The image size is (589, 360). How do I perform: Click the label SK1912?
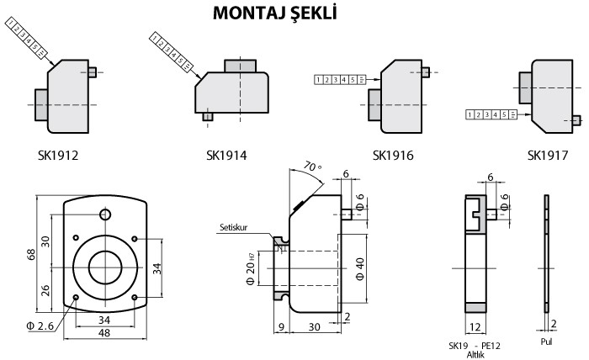(x=69, y=156)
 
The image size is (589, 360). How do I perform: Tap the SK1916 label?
(x=394, y=156)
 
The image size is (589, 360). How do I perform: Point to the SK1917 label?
(x=548, y=156)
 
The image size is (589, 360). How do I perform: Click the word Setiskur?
(x=236, y=227)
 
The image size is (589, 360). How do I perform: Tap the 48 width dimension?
(x=104, y=334)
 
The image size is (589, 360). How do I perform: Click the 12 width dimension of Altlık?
(x=475, y=327)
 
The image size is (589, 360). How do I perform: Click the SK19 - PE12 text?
(x=477, y=345)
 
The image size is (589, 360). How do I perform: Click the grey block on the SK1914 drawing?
(x=242, y=64)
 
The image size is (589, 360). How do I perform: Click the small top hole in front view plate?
(x=104, y=214)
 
